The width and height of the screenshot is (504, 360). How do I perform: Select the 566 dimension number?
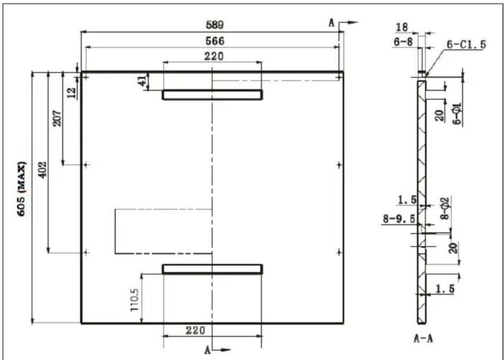(x=216, y=41)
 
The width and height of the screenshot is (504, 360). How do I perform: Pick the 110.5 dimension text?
(x=134, y=300)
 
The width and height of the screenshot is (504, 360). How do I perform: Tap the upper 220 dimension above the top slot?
(x=213, y=56)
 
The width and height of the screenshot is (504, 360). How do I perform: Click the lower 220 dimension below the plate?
(x=195, y=330)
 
